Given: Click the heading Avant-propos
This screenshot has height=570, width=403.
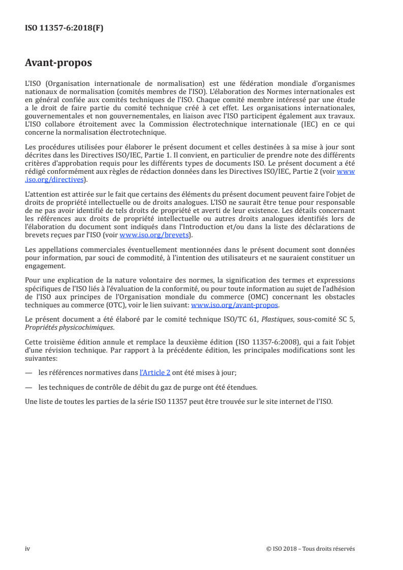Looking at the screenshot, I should pyautogui.click(x=59, y=64).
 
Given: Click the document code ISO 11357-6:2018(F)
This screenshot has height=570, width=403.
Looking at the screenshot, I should pyautogui.click(x=64, y=28).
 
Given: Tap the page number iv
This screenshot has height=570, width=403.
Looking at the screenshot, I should pyautogui.click(x=27, y=548).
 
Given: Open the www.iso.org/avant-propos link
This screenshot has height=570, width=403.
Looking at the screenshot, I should pyautogui.click(x=235, y=305).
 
